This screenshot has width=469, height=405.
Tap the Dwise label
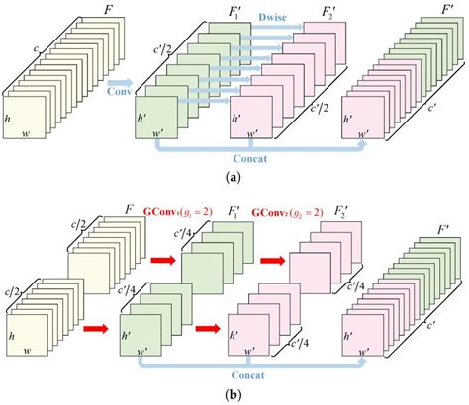tap(247, 16)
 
